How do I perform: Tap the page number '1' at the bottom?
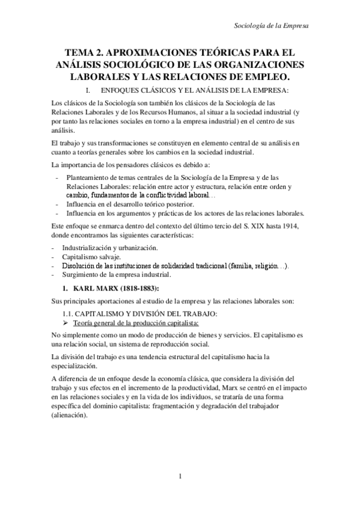pyautogui.click(x=180, y=478)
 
